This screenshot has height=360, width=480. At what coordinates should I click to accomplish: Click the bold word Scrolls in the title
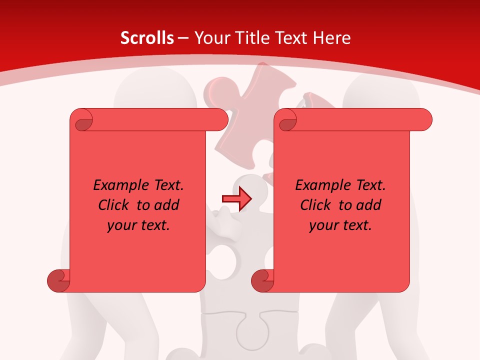tap(147, 38)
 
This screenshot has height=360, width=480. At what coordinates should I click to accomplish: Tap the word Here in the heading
tap(331, 38)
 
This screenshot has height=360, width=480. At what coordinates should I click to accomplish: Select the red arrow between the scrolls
tap(236, 198)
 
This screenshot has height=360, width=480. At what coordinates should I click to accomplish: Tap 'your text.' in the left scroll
tap(138, 225)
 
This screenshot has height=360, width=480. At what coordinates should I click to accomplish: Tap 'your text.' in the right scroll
tap(340, 225)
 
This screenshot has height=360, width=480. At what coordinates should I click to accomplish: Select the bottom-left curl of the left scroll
tap(59, 280)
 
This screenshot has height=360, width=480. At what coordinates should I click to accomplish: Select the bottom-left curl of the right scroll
tap(263, 280)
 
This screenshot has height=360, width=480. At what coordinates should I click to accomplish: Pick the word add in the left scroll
tap(167, 205)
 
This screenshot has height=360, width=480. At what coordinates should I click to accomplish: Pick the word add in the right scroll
tap(369, 205)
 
